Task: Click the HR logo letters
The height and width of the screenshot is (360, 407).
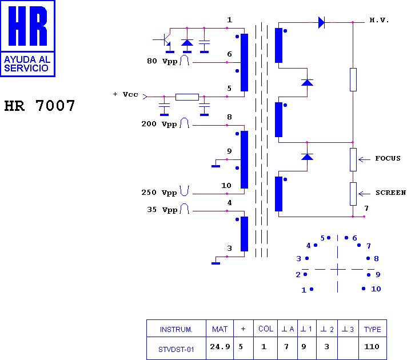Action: pyautogui.click(x=27, y=26)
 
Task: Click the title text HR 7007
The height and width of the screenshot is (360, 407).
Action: pyautogui.click(x=39, y=106)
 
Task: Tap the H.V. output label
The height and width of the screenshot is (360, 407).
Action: pyautogui.click(x=379, y=20)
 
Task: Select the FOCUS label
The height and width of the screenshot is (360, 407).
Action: pyautogui.click(x=388, y=158)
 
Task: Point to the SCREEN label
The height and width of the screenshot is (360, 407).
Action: pyautogui.click(x=390, y=193)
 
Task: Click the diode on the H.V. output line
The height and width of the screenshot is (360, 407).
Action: pyautogui.click(x=321, y=23)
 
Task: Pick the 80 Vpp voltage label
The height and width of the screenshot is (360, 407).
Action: pyautogui.click(x=162, y=61)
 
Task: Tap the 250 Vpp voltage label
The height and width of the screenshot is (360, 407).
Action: pyautogui.click(x=159, y=193)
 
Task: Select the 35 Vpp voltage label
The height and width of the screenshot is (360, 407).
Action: pyautogui.click(x=162, y=210)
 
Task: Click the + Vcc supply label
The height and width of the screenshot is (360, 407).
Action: pyautogui.click(x=125, y=94)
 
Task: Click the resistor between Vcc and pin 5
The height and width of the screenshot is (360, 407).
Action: pyautogui.click(x=187, y=97)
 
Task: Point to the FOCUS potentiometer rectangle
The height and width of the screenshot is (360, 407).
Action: pyautogui.click(x=353, y=159)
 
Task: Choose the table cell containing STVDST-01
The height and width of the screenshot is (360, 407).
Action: pyautogui.click(x=176, y=349)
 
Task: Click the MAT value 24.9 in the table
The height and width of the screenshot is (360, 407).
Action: pyautogui.click(x=220, y=347)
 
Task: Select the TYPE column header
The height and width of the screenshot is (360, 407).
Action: pyautogui.click(x=373, y=329)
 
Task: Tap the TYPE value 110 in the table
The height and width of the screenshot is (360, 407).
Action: pyautogui.click(x=372, y=347)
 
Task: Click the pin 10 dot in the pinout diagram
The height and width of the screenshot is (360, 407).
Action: pyautogui.click(x=364, y=289)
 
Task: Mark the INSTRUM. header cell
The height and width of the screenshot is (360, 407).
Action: pyautogui.click(x=176, y=329)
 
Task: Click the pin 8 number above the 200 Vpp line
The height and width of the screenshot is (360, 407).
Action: pyautogui.click(x=229, y=117)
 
